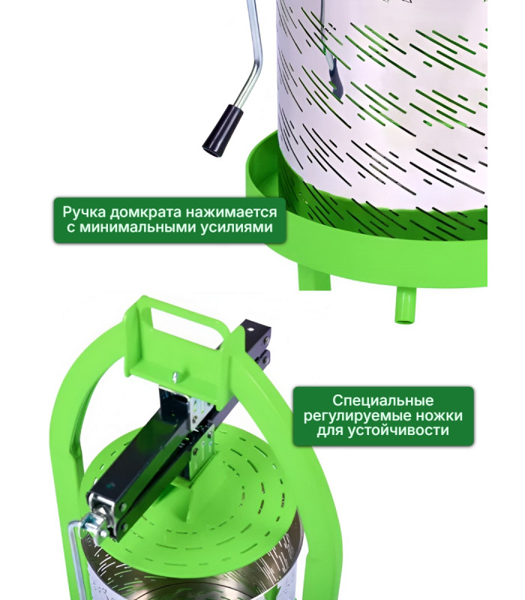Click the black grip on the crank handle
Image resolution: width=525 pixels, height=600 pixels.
pyautogui.click(x=222, y=130)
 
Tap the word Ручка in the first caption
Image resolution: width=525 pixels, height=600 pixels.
pyautogui.click(x=84, y=211)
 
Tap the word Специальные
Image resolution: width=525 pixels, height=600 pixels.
pyautogui.click(x=382, y=401)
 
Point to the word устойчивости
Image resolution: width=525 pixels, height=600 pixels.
pyautogui.click(x=398, y=430)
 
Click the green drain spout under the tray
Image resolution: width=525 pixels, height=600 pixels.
pyautogui.click(x=405, y=306)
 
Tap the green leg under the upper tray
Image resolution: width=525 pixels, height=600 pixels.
pyautogui.click(x=313, y=278)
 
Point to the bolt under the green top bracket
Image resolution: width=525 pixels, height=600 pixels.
pyautogui.click(x=175, y=376)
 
